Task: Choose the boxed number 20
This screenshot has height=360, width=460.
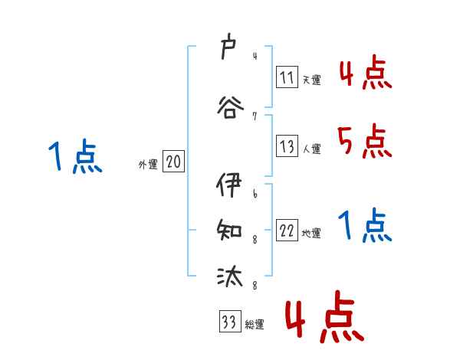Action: click(173, 162)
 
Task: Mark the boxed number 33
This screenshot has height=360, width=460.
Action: click(229, 322)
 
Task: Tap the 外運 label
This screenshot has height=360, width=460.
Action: click(147, 165)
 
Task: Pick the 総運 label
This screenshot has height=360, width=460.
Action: click(255, 325)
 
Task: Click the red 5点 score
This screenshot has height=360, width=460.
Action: click(364, 140)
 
